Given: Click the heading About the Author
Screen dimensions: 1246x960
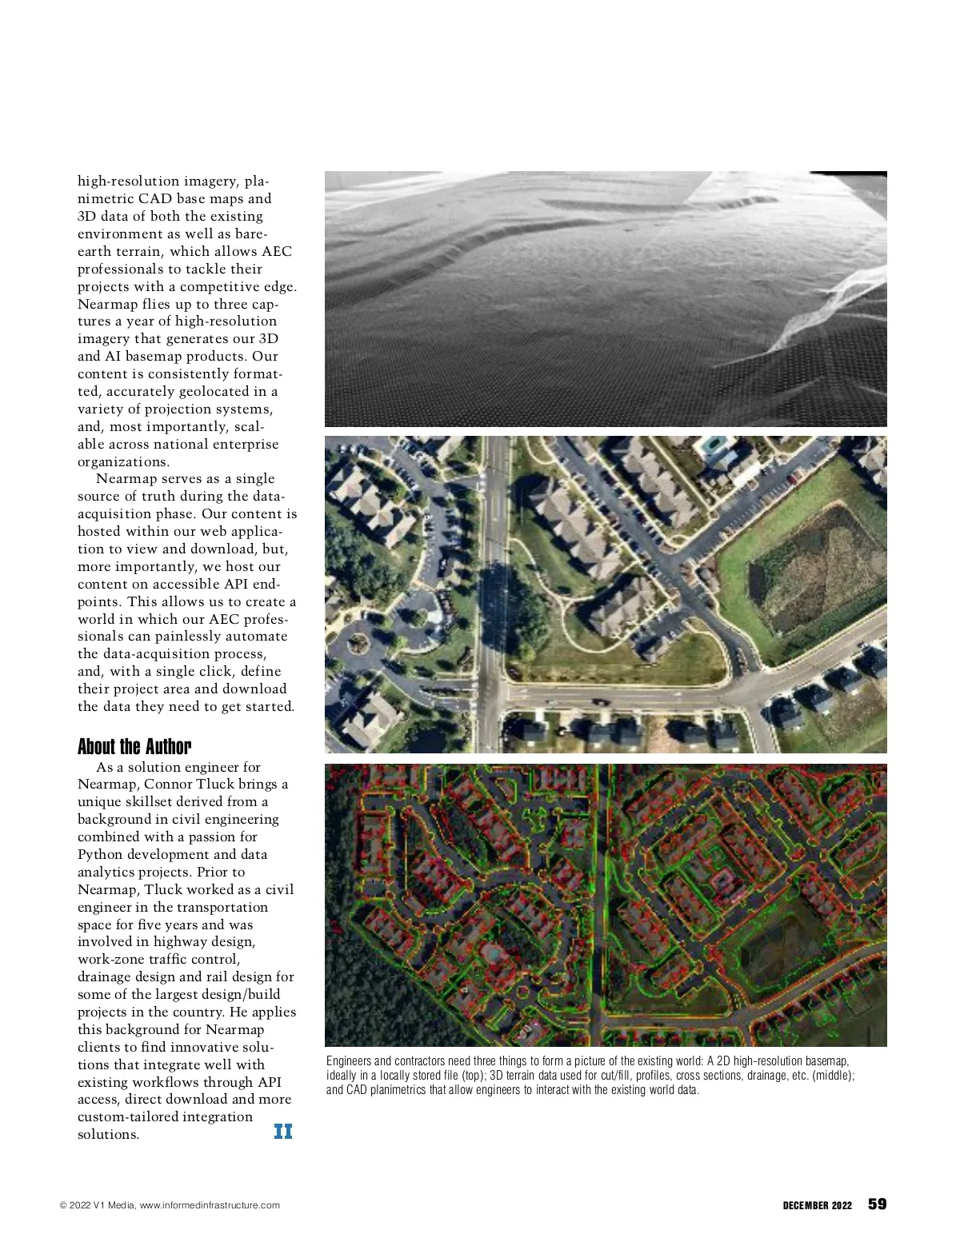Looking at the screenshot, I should [134, 747].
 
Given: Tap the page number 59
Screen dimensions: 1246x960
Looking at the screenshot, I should [878, 1204].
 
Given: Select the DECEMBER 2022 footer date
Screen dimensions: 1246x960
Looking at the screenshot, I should [817, 1205].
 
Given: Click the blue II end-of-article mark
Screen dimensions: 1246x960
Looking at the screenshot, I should [283, 1131].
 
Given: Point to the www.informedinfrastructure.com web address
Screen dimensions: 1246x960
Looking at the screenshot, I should [210, 1205].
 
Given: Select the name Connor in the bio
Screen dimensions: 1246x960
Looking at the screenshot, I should [168, 784].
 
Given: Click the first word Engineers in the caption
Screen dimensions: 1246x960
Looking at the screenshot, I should [348, 1060].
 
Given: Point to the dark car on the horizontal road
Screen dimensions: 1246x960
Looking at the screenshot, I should [598, 701].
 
